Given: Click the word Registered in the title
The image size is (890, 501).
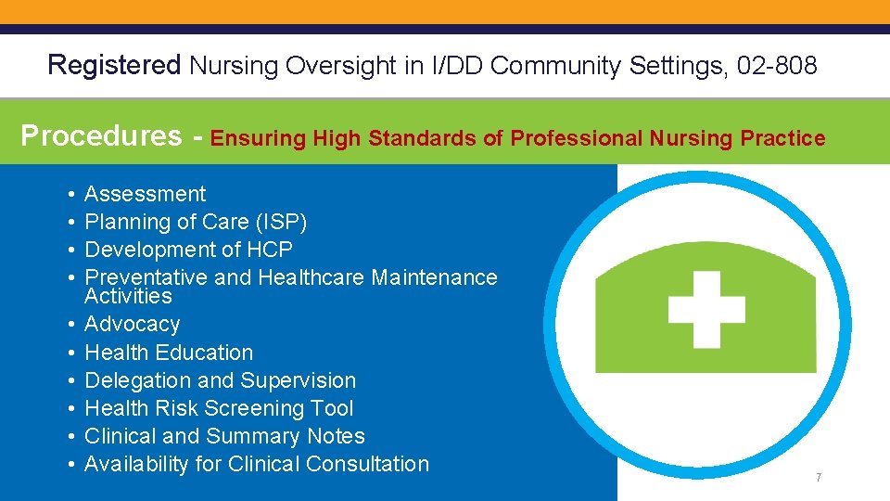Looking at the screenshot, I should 114,65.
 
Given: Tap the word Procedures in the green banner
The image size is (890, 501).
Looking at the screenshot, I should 101,136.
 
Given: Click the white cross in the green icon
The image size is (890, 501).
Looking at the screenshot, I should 706,309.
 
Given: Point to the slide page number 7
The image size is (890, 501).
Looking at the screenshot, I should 819,478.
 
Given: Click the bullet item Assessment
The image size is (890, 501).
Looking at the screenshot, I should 145,194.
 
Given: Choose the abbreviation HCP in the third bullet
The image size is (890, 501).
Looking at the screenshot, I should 270,250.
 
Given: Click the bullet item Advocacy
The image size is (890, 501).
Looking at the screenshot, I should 132,324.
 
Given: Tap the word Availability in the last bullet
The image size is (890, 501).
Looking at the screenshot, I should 136,464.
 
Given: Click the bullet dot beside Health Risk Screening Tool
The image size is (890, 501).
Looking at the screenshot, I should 71,408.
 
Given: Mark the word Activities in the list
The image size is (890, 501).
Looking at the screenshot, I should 128,296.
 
